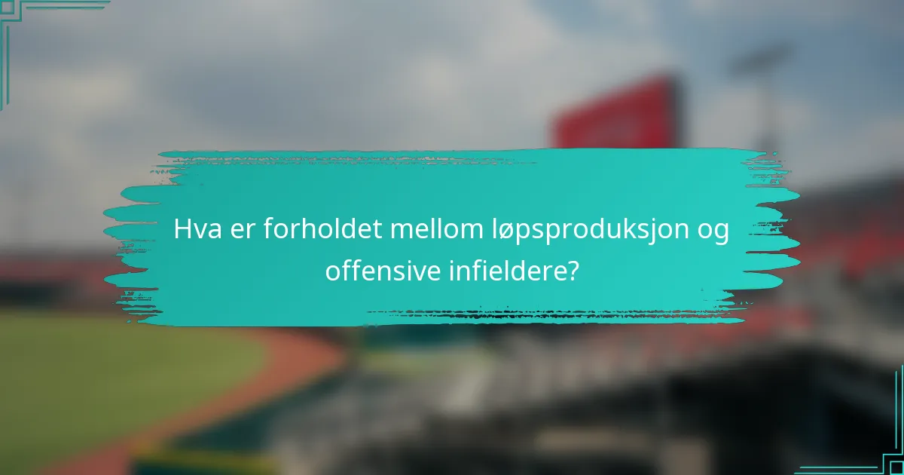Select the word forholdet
click(322, 231)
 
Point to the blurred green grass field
click(113, 377)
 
